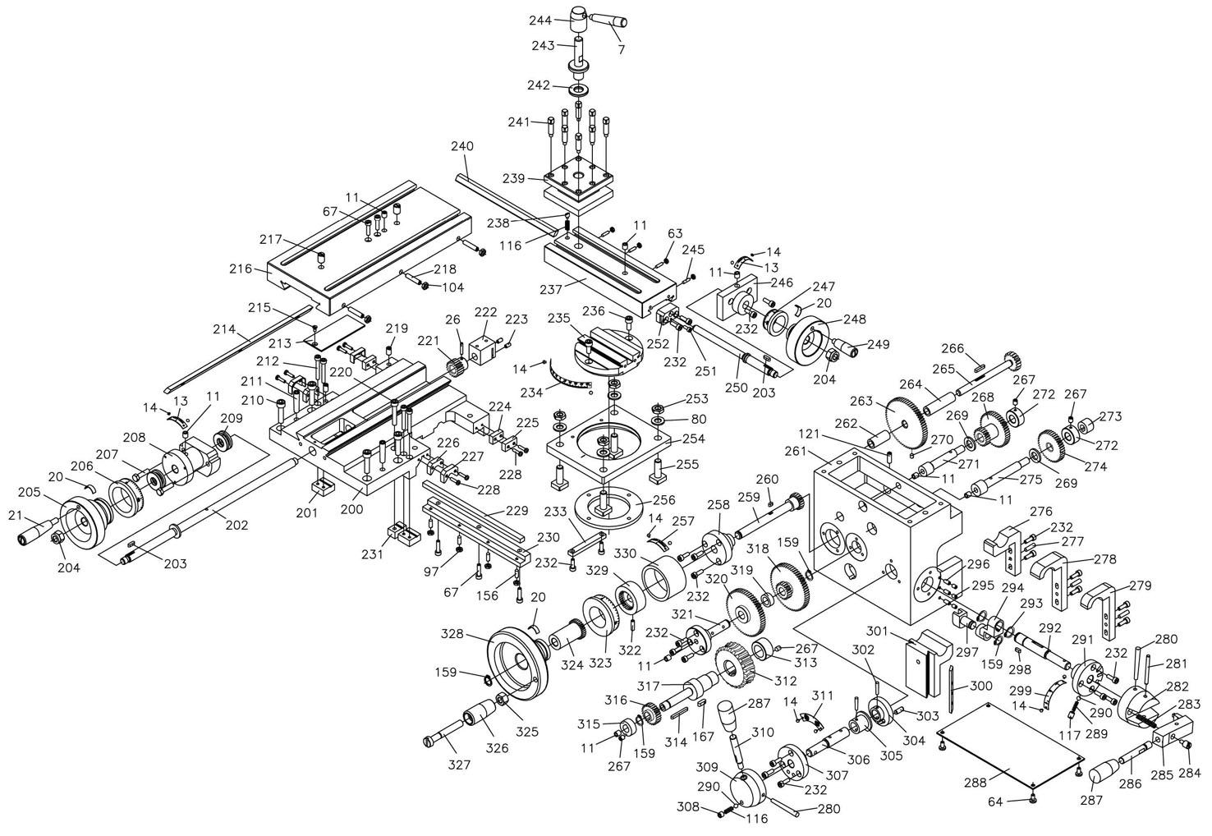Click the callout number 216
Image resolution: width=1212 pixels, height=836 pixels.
point(241,269)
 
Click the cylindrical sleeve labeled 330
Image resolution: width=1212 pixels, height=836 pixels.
point(662,576)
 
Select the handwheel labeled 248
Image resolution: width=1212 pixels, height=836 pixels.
point(812,340)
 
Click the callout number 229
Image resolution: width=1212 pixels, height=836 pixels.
point(516,510)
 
